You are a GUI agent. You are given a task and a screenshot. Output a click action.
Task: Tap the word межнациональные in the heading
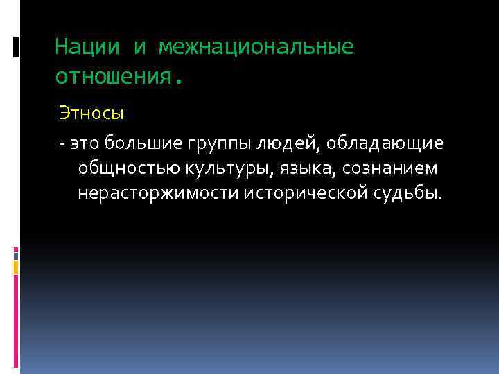[256, 47]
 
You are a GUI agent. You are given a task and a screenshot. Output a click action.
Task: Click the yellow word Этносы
[91, 112]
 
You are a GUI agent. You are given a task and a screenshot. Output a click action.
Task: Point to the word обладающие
[387, 144]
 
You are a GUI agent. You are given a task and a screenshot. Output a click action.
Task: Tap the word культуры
[225, 168]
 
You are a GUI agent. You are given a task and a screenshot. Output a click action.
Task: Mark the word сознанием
[394, 168]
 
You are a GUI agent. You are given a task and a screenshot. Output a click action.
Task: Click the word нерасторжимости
[159, 193]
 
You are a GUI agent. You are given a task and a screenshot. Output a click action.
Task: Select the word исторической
[312, 193]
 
